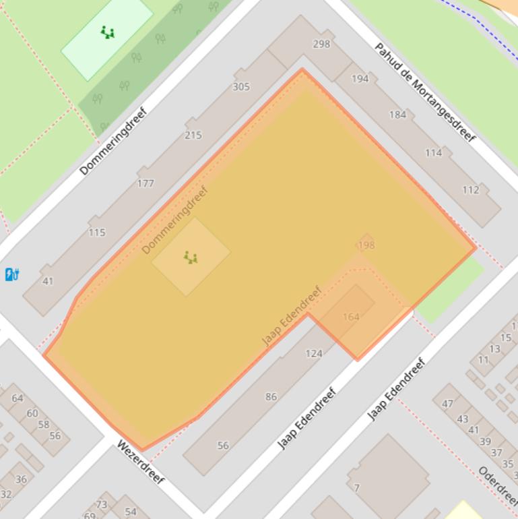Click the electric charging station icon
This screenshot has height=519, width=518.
point(11,274)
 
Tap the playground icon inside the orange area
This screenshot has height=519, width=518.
point(191,257)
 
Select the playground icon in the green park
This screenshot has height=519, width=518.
point(107,32)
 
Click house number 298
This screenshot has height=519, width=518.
point(322,44)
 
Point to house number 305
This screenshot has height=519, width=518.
point(241,86)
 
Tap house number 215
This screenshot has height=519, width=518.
point(193,135)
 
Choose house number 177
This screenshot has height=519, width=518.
point(145,183)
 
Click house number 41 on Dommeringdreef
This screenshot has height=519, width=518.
point(48,281)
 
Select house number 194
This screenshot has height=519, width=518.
point(360,78)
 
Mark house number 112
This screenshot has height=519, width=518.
point(471,189)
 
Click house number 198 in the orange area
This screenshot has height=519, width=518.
point(366,245)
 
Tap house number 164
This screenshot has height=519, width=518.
point(351,316)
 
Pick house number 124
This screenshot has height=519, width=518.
point(314,353)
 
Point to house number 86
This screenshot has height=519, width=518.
point(271,396)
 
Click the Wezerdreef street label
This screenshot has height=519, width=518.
point(141,462)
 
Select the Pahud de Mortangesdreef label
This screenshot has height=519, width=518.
point(425,92)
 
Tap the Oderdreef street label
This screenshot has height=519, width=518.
point(498,485)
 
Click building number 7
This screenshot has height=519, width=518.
point(356,487)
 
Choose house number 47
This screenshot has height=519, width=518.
point(447,404)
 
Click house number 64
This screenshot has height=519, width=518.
point(18,398)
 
